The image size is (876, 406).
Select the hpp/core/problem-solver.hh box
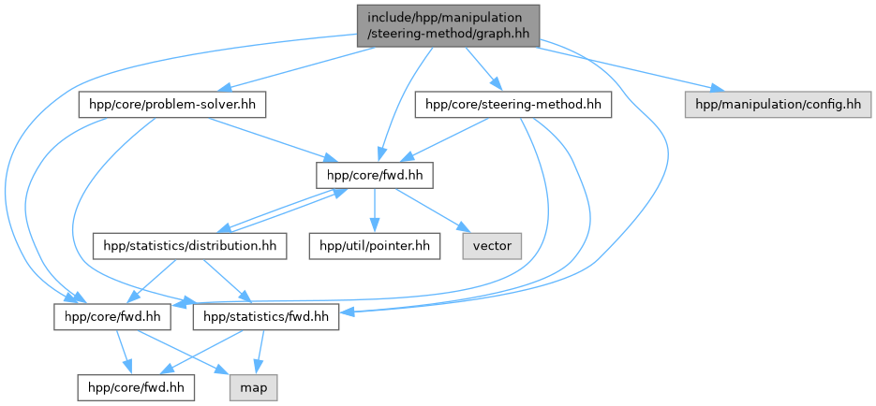pos(172,105)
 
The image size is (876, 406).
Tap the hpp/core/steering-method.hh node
pos(512,105)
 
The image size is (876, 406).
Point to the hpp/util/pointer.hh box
pos(376,246)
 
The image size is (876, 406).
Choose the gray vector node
pos(492,246)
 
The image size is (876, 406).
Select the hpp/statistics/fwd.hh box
pos(265,317)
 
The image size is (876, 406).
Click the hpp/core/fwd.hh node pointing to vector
pos(375,175)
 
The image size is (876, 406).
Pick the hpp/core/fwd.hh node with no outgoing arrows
pos(137,387)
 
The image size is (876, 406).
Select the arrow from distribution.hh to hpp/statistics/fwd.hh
pos(225,282)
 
